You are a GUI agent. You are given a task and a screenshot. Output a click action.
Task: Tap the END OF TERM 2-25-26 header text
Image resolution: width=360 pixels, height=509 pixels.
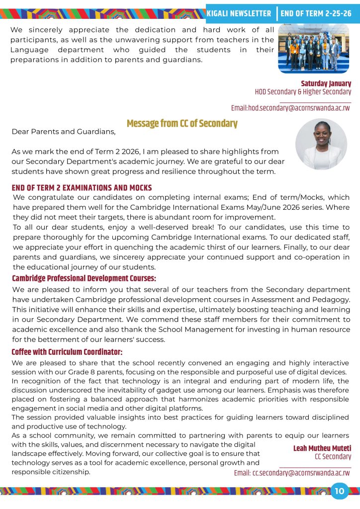point(316,13)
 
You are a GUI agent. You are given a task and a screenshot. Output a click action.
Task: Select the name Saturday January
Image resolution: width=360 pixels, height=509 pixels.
point(326,84)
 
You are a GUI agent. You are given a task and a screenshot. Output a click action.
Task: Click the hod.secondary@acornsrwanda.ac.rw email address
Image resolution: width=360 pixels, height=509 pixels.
point(290,108)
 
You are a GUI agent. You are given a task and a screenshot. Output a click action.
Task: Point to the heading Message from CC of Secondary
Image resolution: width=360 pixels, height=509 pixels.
point(182,123)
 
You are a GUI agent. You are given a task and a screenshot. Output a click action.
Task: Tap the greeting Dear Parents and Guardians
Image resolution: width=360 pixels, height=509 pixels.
point(64,132)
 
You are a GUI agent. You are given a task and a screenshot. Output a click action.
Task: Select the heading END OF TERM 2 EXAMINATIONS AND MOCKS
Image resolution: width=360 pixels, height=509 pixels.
point(82,188)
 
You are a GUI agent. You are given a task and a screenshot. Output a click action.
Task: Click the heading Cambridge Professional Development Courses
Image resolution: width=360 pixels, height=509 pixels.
point(84,278)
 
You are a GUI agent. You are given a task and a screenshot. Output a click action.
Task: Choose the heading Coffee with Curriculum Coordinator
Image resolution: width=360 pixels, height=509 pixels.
point(67,352)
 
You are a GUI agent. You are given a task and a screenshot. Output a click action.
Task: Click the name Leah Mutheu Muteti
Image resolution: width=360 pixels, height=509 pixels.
point(322,448)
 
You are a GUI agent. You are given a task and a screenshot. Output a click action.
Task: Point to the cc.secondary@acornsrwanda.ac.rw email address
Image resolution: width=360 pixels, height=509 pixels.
point(292,473)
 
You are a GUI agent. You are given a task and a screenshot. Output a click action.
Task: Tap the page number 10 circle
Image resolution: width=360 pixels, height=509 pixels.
point(340,491)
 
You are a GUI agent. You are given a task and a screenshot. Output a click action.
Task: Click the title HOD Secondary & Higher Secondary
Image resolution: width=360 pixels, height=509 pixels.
point(303,92)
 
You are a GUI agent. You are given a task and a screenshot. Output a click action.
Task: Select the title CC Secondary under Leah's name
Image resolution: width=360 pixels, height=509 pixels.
point(333,457)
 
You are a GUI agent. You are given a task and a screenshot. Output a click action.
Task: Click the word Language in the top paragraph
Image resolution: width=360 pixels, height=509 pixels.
point(29,50)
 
